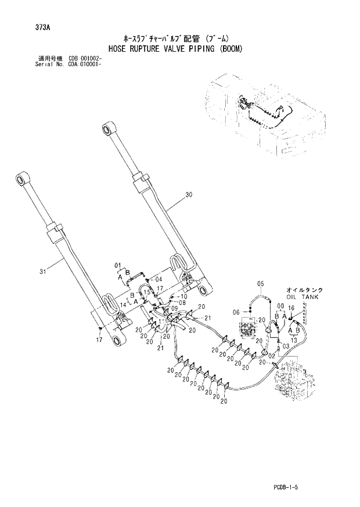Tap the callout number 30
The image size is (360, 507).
(x=189, y=196)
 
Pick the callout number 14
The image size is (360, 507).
(x=123, y=303)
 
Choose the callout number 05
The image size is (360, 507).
(x=260, y=283)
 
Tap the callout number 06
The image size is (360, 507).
(x=236, y=312)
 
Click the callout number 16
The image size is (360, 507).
(x=291, y=308)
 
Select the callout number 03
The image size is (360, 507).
(x=286, y=346)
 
